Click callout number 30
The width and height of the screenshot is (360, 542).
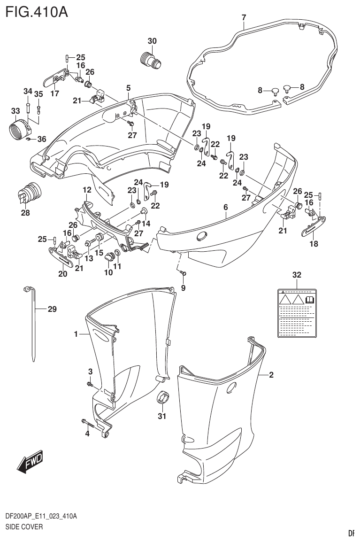pyautogui.click(x=152, y=41)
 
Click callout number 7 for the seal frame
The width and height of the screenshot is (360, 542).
pyautogui.click(x=244, y=18)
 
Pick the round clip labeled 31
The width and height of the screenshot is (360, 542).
pyautogui.click(x=162, y=397)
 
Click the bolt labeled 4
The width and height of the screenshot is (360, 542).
pyautogui.click(x=89, y=422)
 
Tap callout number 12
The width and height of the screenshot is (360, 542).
pyautogui.click(x=87, y=190)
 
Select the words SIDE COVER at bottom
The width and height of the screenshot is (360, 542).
pyautogui.click(x=24, y=527)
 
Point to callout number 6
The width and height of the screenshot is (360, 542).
pyautogui.click(x=225, y=207)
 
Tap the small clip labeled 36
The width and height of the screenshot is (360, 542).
pyautogui.click(x=29, y=139)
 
